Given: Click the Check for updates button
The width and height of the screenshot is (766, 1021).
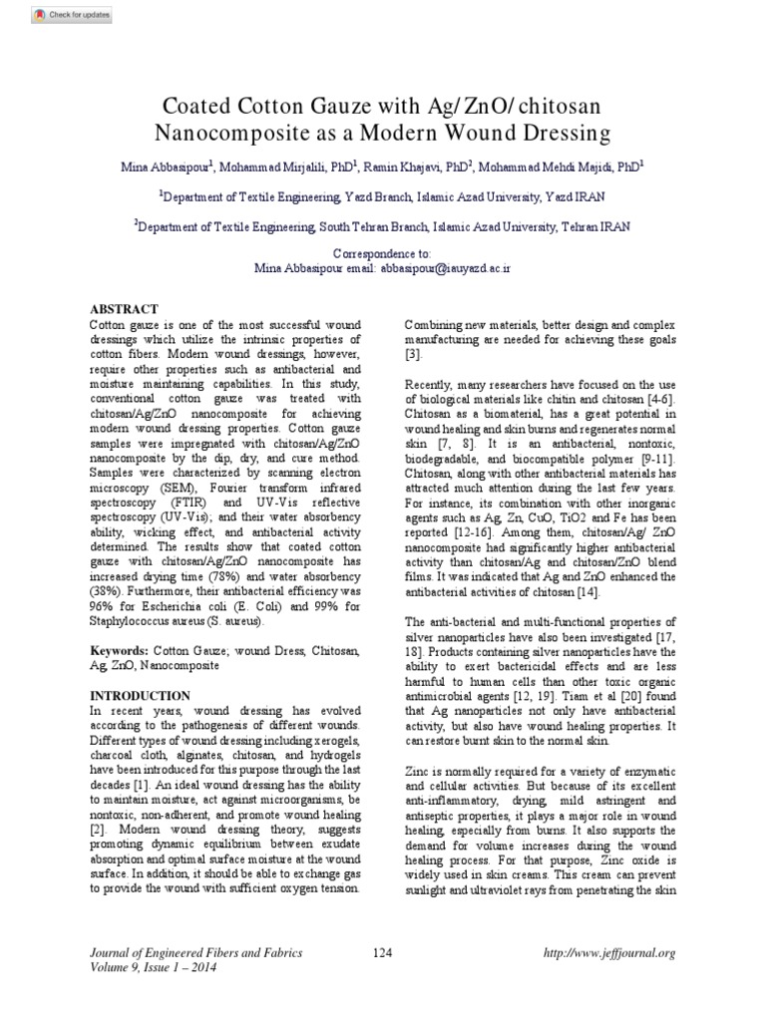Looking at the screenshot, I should [x=59, y=15].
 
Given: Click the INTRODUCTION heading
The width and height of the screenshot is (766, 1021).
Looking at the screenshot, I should [x=140, y=695].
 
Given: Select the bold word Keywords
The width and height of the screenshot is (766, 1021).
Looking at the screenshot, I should [x=118, y=649].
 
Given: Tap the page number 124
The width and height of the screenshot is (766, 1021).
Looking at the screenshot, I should [x=383, y=953].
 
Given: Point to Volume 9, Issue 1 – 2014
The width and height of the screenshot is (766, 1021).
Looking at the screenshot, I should [x=153, y=967].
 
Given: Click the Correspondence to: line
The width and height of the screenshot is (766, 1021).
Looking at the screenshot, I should [x=382, y=254].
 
